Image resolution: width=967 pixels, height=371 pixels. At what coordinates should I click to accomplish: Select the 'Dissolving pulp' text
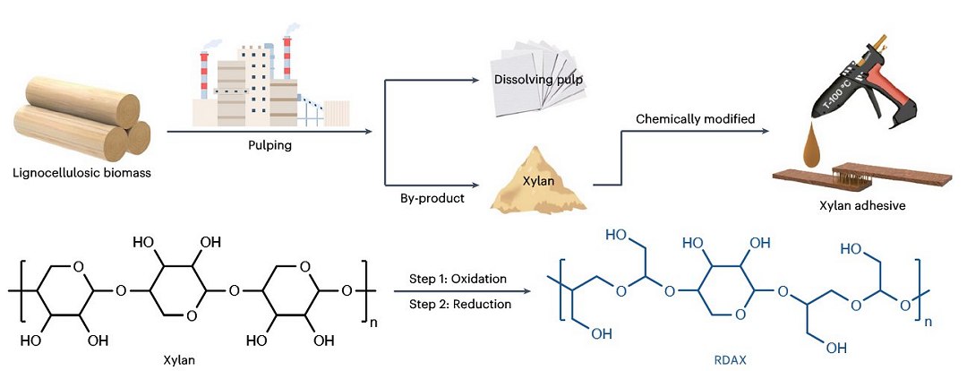540,81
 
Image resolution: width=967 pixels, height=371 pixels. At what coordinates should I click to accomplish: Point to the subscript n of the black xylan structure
376,316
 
